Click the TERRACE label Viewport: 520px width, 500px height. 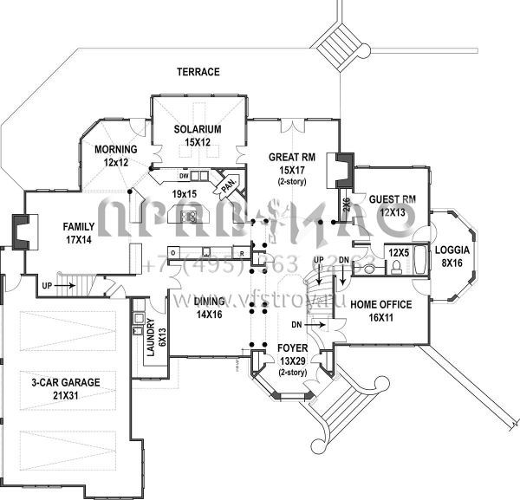[198, 72]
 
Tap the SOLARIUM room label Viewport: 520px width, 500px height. [197, 129]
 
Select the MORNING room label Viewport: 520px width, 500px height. [116, 149]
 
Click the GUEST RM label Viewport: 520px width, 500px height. [392, 199]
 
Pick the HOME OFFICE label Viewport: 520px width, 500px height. [380, 305]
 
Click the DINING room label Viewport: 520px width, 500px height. [210, 302]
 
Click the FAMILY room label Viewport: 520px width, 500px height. [78, 227]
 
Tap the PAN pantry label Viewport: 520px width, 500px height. [228, 185]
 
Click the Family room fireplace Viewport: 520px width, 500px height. [19, 231]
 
